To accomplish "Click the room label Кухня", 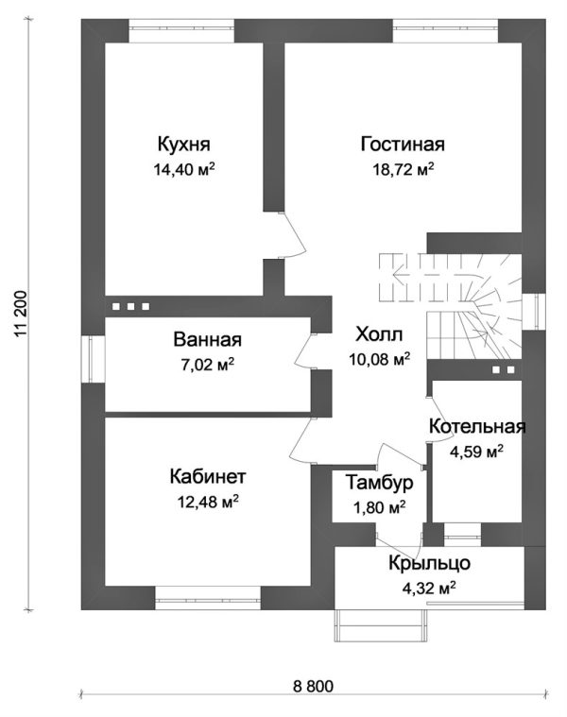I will click(x=183, y=145).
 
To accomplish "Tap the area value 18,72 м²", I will click(x=403, y=170).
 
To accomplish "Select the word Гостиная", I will click(x=403, y=145).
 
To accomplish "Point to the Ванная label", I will click(x=207, y=340).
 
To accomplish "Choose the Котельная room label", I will click(x=476, y=427).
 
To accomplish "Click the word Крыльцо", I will click(x=429, y=564).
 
